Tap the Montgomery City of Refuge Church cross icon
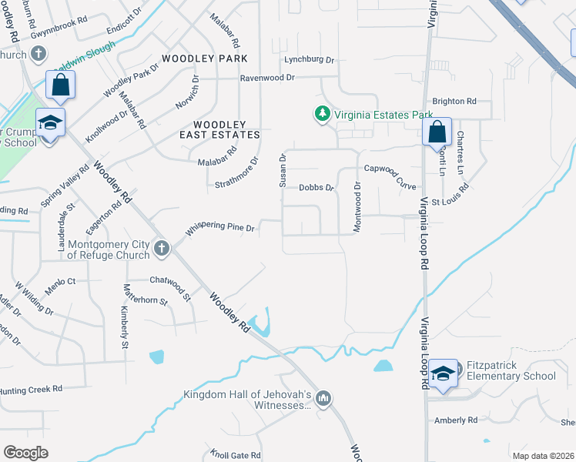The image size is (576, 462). click(x=161, y=248)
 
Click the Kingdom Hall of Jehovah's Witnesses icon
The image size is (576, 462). click(x=323, y=398)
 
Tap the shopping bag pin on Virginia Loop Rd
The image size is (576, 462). click(x=437, y=132)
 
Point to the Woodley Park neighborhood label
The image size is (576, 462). click(x=205, y=59)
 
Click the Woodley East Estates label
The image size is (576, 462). click(x=219, y=129)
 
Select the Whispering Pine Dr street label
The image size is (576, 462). click(x=220, y=227)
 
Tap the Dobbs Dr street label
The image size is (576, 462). click(x=316, y=187)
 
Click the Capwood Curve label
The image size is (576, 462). click(x=390, y=168)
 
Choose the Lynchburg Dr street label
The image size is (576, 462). click(x=310, y=59)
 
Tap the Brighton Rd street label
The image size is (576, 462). click(x=454, y=101)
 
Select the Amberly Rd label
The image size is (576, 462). click(x=456, y=420)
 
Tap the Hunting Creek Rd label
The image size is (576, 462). click(x=31, y=390)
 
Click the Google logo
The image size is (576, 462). click(x=26, y=453)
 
